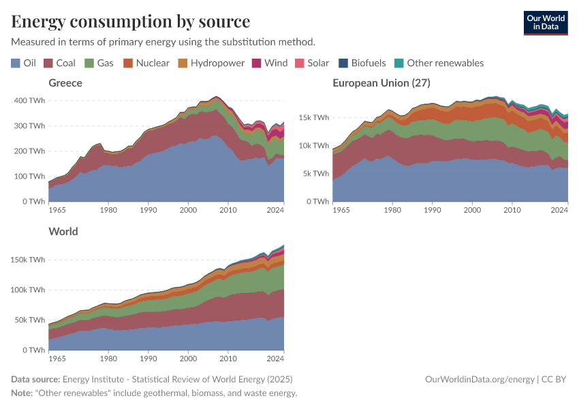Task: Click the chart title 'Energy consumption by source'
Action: [x=130, y=20]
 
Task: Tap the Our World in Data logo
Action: [x=545, y=22]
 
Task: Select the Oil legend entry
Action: [x=24, y=63]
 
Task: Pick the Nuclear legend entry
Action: [x=146, y=63]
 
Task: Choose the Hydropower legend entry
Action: [x=211, y=63]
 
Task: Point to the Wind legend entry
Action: [x=270, y=63]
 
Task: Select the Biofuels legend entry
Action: [x=362, y=63]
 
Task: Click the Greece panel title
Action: [x=65, y=82]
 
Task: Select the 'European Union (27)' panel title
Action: [x=381, y=82]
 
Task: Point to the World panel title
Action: [x=63, y=231]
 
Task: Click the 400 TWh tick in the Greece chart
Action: [x=29, y=100]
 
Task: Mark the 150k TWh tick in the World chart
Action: [x=28, y=260]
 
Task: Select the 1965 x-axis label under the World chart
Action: [x=58, y=357]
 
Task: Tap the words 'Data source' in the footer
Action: [x=35, y=379]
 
